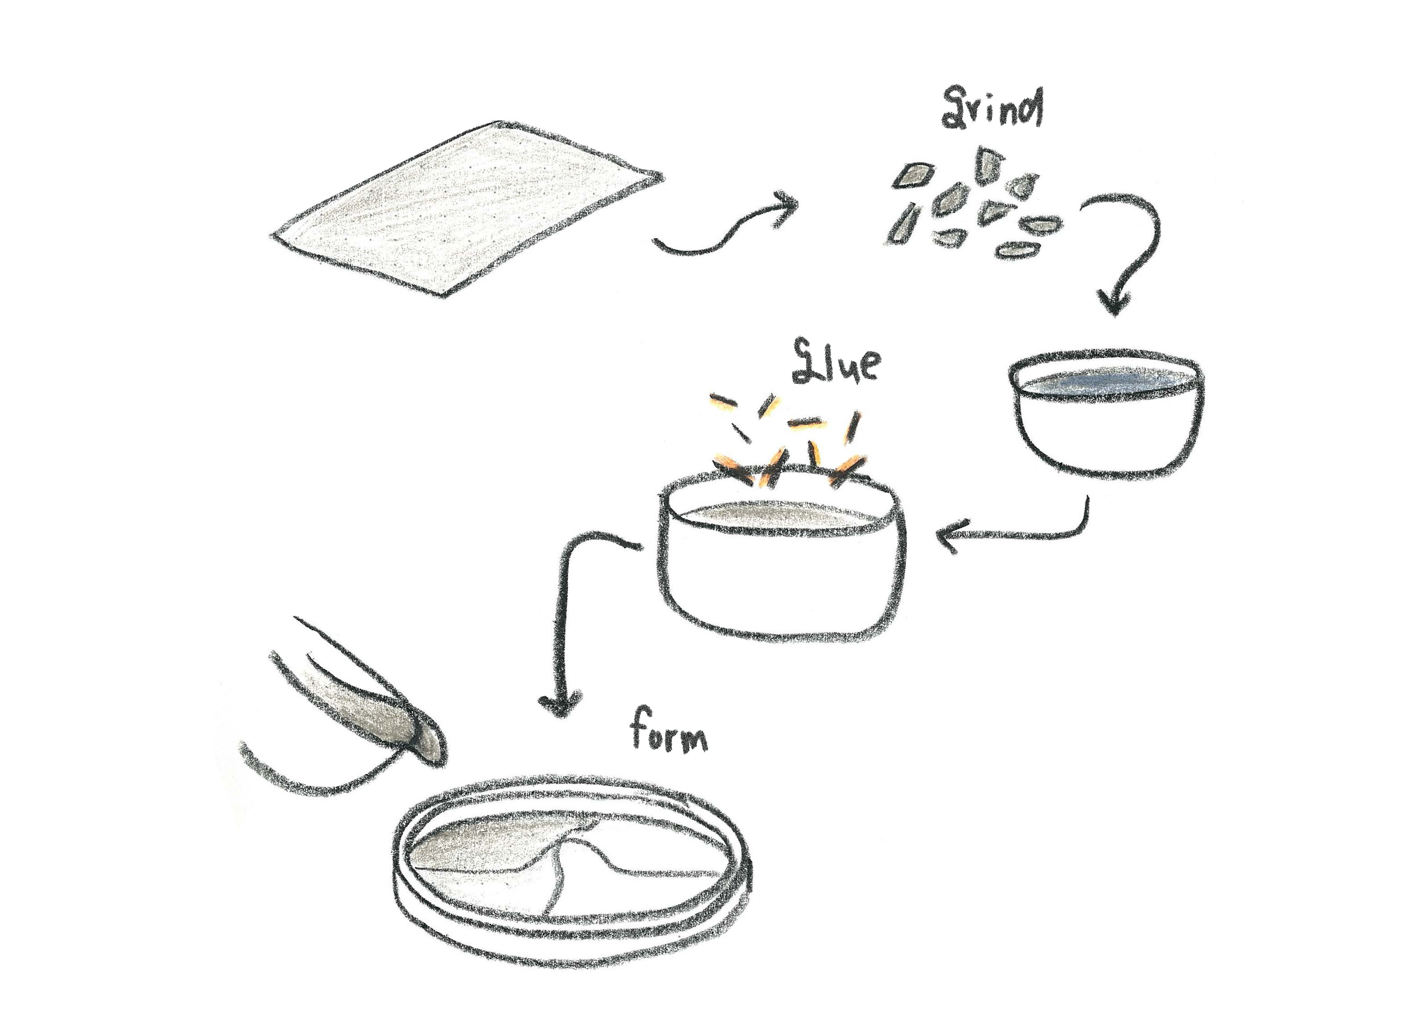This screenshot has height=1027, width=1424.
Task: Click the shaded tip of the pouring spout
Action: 430,746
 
